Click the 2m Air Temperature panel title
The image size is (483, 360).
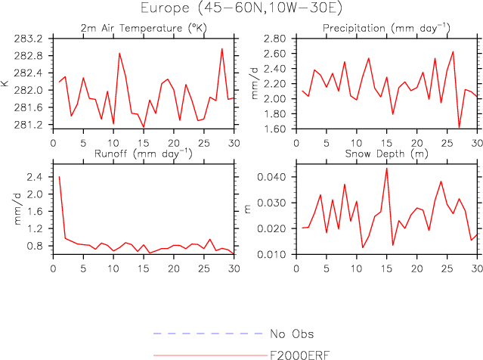[142, 28]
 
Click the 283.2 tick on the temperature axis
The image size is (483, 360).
[32, 38]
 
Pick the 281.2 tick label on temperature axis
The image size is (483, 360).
[32, 124]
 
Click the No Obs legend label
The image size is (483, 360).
[291, 334]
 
